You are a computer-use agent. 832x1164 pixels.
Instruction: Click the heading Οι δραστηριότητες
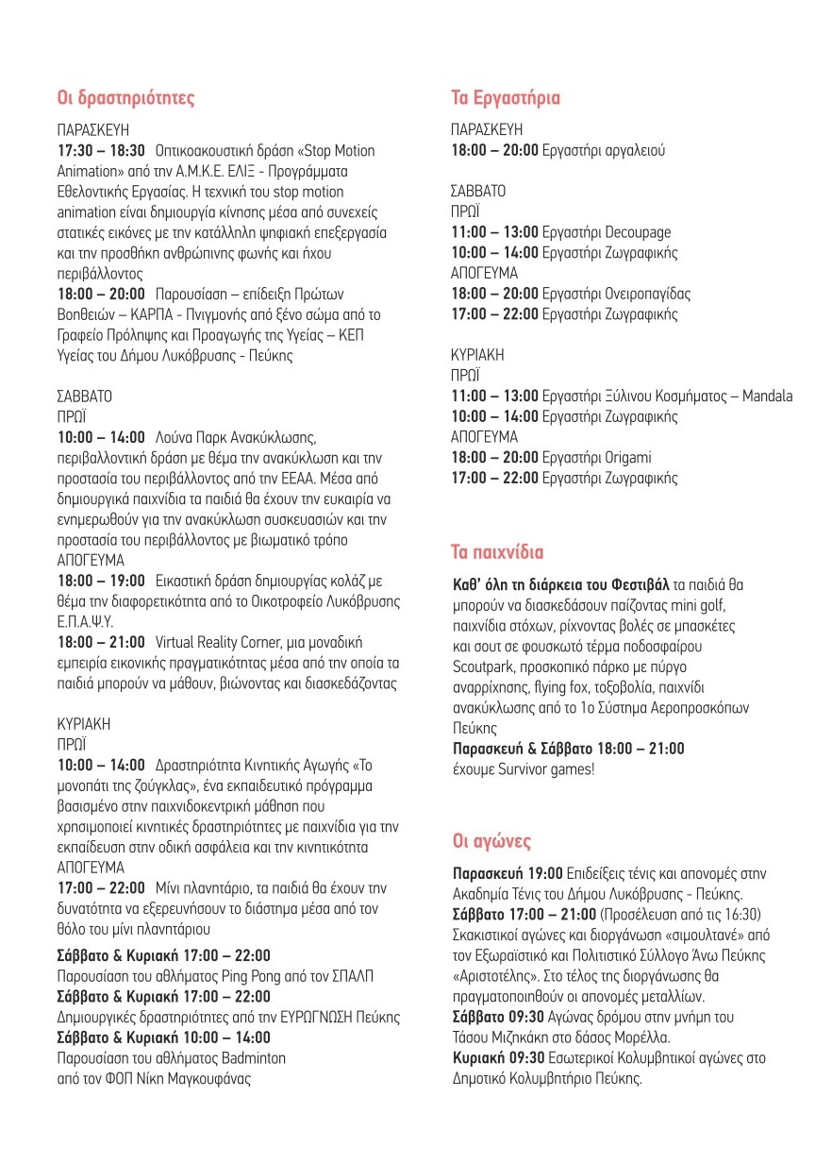pyautogui.click(x=125, y=97)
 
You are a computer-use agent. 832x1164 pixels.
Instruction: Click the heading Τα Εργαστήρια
pyautogui.click(x=505, y=98)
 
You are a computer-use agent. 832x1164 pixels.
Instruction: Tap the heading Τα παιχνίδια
pyautogui.click(x=497, y=551)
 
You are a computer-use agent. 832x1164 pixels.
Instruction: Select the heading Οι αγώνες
pyautogui.click(x=491, y=841)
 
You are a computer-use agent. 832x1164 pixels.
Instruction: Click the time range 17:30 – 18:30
pyautogui.click(x=102, y=151)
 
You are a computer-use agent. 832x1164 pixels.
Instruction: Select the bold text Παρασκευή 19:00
pyautogui.click(x=508, y=871)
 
